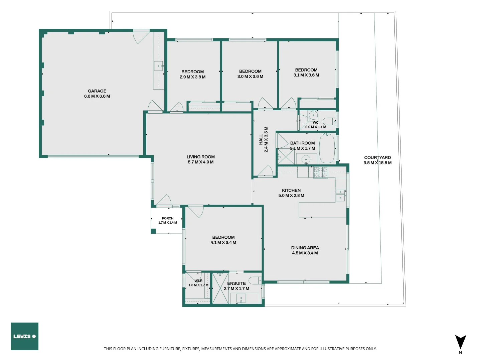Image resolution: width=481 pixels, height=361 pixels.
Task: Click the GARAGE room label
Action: (x=97, y=91)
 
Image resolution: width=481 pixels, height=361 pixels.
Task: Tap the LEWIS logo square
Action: (x=24, y=336)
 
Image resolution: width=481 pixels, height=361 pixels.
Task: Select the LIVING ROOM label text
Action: (x=200, y=157)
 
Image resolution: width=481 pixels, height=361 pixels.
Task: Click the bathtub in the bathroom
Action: (x=327, y=148)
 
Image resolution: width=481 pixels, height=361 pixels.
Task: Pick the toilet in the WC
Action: (x=329, y=121)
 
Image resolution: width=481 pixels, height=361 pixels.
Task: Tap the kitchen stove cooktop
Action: (x=321, y=172)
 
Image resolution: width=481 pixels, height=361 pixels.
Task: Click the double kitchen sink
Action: (x=341, y=195)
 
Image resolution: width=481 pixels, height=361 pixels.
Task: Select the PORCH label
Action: (x=168, y=218)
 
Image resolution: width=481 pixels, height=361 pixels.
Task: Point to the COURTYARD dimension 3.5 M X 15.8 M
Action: (x=377, y=163)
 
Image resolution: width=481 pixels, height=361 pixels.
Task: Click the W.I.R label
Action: (x=198, y=281)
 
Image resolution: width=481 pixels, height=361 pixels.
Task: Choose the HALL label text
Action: (x=261, y=139)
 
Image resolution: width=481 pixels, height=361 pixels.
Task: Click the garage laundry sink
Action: (x=159, y=66)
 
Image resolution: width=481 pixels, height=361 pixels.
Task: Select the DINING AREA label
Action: (x=305, y=248)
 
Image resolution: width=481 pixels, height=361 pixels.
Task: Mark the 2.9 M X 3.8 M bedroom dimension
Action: (x=193, y=77)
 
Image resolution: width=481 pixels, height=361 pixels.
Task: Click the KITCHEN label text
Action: (x=291, y=190)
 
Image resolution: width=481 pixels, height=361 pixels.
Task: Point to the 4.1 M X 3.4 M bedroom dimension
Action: (x=223, y=242)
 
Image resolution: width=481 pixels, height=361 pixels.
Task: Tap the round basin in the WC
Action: (x=313, y=115)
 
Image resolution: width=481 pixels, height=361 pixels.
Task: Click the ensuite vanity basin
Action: (x=241, y=298)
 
